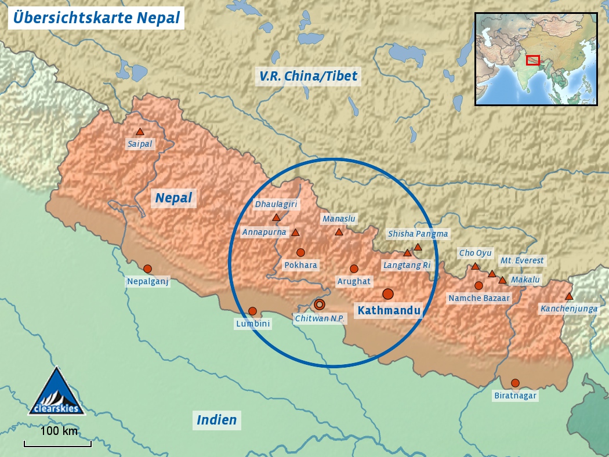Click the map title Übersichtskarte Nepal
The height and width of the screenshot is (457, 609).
96,17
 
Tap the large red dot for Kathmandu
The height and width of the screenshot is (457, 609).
388,294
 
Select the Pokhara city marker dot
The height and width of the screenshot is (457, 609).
300,252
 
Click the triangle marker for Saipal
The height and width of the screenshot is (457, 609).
140,132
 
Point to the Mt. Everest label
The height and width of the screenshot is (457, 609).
522,261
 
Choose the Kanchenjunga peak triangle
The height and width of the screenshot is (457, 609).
569,296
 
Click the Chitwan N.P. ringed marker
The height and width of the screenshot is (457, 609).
320,304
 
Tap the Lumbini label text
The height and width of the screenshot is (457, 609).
253,324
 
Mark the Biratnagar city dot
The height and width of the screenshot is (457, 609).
515,383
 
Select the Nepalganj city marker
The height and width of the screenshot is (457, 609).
147,269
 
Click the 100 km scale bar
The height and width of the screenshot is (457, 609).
57,444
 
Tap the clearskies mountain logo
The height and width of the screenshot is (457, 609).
57,392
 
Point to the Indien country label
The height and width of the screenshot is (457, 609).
217,420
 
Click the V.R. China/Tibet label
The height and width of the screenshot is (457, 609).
309,76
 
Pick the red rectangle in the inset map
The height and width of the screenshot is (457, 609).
533,60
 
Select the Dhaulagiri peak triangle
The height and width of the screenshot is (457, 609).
276,218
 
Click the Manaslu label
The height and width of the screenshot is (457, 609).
339,219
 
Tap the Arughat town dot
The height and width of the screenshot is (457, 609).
354,269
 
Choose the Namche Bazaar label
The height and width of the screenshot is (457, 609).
479,298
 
